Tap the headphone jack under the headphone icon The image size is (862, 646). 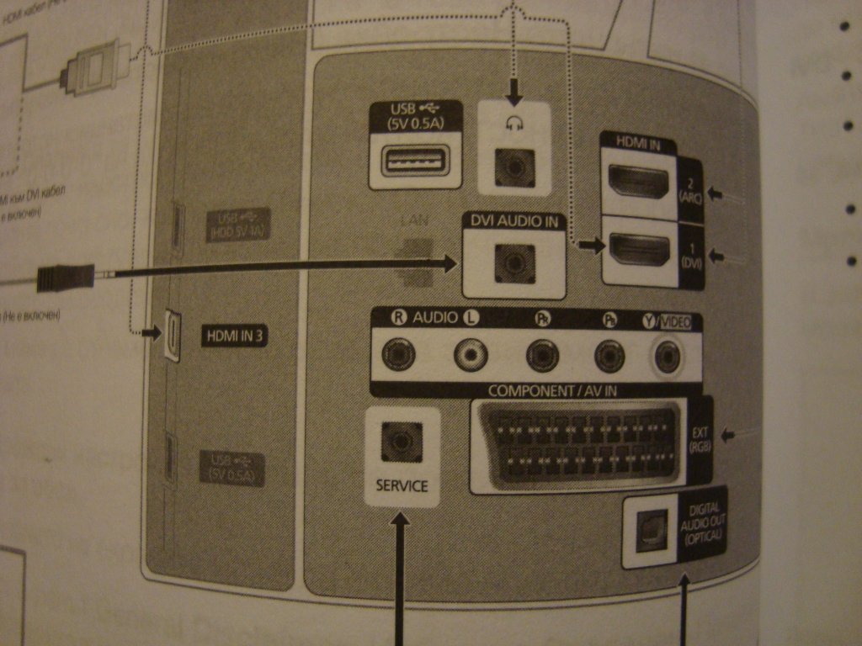[513, 168]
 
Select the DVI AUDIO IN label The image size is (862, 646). [513, 221]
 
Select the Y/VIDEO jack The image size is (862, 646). [668, 357]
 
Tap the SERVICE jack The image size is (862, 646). [402, 440]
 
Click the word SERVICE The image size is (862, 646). [402, 485]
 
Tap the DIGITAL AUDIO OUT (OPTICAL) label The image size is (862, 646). [702, 525]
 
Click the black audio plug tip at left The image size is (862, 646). [66, 277]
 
